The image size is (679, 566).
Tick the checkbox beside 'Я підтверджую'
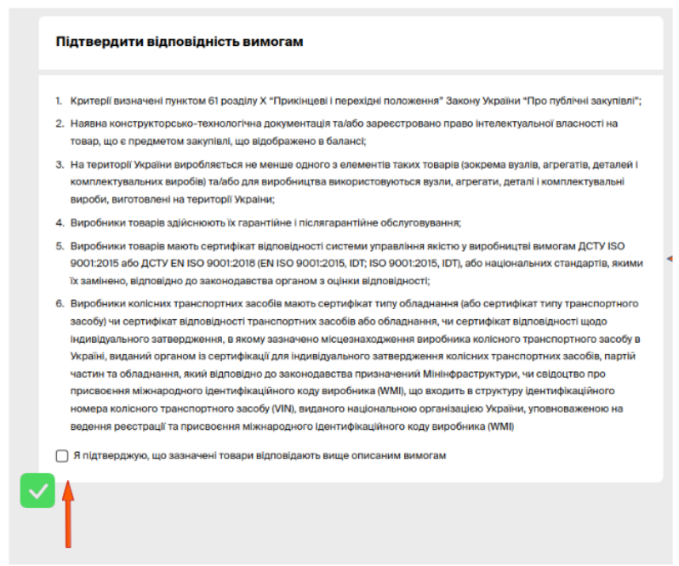click(x=62, y=456)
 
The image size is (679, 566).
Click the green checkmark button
click(x=37, y=490)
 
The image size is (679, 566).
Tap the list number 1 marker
click(x=60, y=101)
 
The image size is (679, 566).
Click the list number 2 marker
click(x=60, y=123)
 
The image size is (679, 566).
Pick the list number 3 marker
click(x=60, y=163)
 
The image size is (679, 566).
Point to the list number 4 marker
click(x=60, y=223)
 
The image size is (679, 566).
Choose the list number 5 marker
click(x=60, y=245)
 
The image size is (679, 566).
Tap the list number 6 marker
click(x=60, y=304)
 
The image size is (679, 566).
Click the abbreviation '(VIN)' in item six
click(x=282, y=408)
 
